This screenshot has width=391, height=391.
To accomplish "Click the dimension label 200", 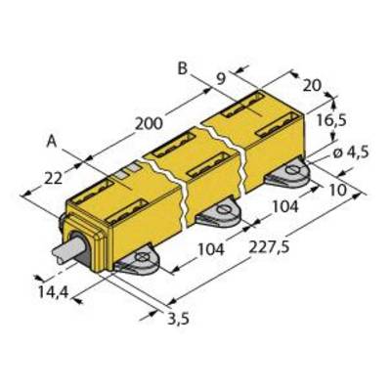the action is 149,124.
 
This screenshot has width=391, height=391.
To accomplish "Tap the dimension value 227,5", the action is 269,247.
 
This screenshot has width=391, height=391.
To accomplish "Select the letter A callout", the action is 52,142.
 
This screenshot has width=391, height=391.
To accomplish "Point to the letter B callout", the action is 183,68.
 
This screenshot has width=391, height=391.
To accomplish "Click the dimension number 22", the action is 53,178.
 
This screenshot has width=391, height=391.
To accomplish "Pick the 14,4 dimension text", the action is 53,292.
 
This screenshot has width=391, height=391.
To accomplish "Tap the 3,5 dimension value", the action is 178,319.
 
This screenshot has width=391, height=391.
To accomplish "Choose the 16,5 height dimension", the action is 331,121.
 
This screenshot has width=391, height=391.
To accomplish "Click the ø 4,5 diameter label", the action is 351,152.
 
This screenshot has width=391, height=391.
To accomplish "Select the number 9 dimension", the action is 221,79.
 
